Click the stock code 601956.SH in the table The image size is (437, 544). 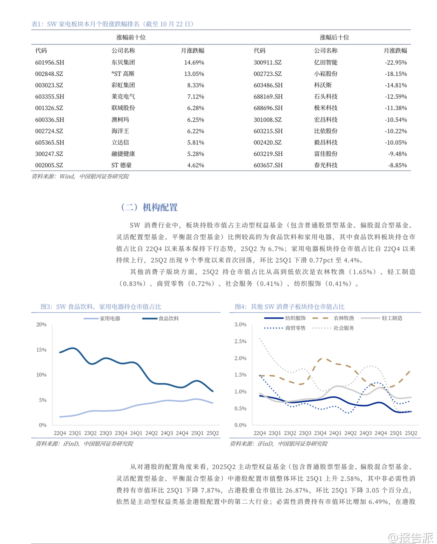pos(50,63)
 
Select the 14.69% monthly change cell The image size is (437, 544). pos(194,63)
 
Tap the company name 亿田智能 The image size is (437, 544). pos(325,63)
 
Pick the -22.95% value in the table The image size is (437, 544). pos(396,63)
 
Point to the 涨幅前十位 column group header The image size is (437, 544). pos(131,38)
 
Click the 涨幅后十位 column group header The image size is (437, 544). pos(334,38)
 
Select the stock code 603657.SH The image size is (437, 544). pos(268,165)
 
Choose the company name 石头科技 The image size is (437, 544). pos(325,97)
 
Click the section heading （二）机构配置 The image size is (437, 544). pos(149,207)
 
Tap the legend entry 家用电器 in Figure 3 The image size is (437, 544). pos(110,319)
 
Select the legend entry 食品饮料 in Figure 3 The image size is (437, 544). pos(168,319)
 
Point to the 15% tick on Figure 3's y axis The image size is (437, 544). pos(42,350)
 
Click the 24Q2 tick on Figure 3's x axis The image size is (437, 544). pos(152,433)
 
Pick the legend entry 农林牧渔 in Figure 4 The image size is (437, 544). pos(344,318)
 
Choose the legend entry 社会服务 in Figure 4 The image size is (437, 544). pos(344,328)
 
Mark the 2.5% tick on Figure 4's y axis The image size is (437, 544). pos(241,342)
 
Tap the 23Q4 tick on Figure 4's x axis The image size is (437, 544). pos(320,433)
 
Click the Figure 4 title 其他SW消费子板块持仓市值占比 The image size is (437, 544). pos(290,307)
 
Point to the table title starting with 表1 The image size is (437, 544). pos(112,24)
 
